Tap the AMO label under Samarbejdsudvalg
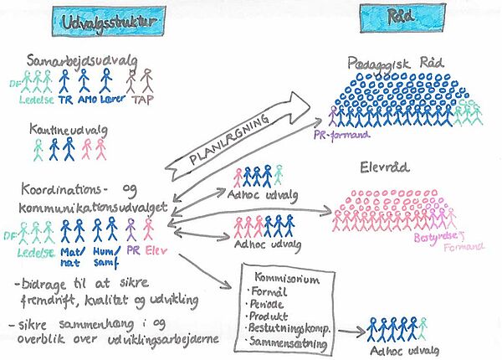coord(85,97)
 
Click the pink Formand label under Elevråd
coord(461,248)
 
